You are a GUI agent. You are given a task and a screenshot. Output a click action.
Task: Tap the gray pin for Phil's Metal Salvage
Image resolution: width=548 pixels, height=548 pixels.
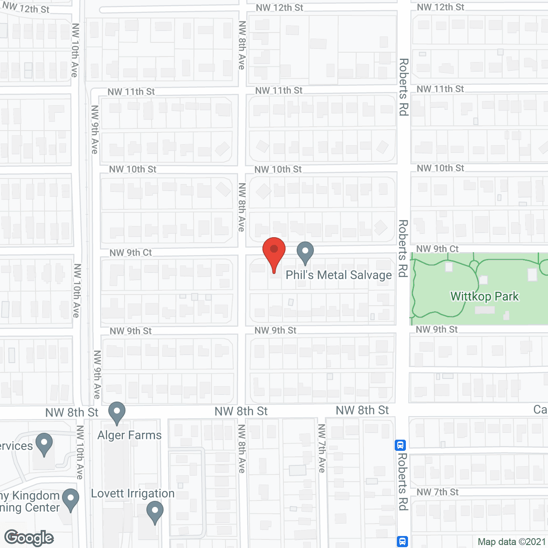point(305,253)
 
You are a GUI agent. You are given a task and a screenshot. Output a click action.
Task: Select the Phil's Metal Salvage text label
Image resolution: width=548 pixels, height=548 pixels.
point(339,275)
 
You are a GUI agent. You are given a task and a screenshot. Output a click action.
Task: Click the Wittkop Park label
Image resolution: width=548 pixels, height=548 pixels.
point(484,296)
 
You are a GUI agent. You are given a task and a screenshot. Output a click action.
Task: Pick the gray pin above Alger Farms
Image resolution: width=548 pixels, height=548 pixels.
point(117,413)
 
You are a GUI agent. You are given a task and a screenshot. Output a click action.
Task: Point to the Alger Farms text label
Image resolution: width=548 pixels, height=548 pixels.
point(129,435)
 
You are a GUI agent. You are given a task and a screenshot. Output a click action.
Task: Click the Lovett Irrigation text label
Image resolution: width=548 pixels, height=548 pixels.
point(133,493)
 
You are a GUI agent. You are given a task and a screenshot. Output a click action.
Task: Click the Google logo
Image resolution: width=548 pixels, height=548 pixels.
point(29,538)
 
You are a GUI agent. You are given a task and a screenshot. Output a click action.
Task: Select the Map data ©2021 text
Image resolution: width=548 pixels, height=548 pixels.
point(512,542)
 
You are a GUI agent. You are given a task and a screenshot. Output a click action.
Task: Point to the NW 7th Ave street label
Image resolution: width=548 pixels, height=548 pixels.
point(322,448)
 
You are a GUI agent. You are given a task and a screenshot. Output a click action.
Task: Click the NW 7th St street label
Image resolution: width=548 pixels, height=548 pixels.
point(437,492)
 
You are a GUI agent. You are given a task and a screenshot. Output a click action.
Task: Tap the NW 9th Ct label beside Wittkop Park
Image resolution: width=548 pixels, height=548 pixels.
point(437,249)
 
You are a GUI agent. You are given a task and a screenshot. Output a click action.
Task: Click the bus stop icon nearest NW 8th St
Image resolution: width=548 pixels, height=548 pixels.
point(400,445)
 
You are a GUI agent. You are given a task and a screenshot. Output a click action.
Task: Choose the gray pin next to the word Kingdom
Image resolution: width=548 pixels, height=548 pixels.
point(71,500)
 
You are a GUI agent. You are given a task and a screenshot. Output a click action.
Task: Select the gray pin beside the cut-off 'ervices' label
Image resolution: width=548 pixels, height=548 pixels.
point(44,444)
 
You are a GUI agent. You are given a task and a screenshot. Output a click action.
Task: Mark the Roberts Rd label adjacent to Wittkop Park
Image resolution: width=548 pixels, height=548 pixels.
point(403,248)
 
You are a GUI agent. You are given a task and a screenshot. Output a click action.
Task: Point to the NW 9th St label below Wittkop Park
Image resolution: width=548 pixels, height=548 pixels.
point(437,329)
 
